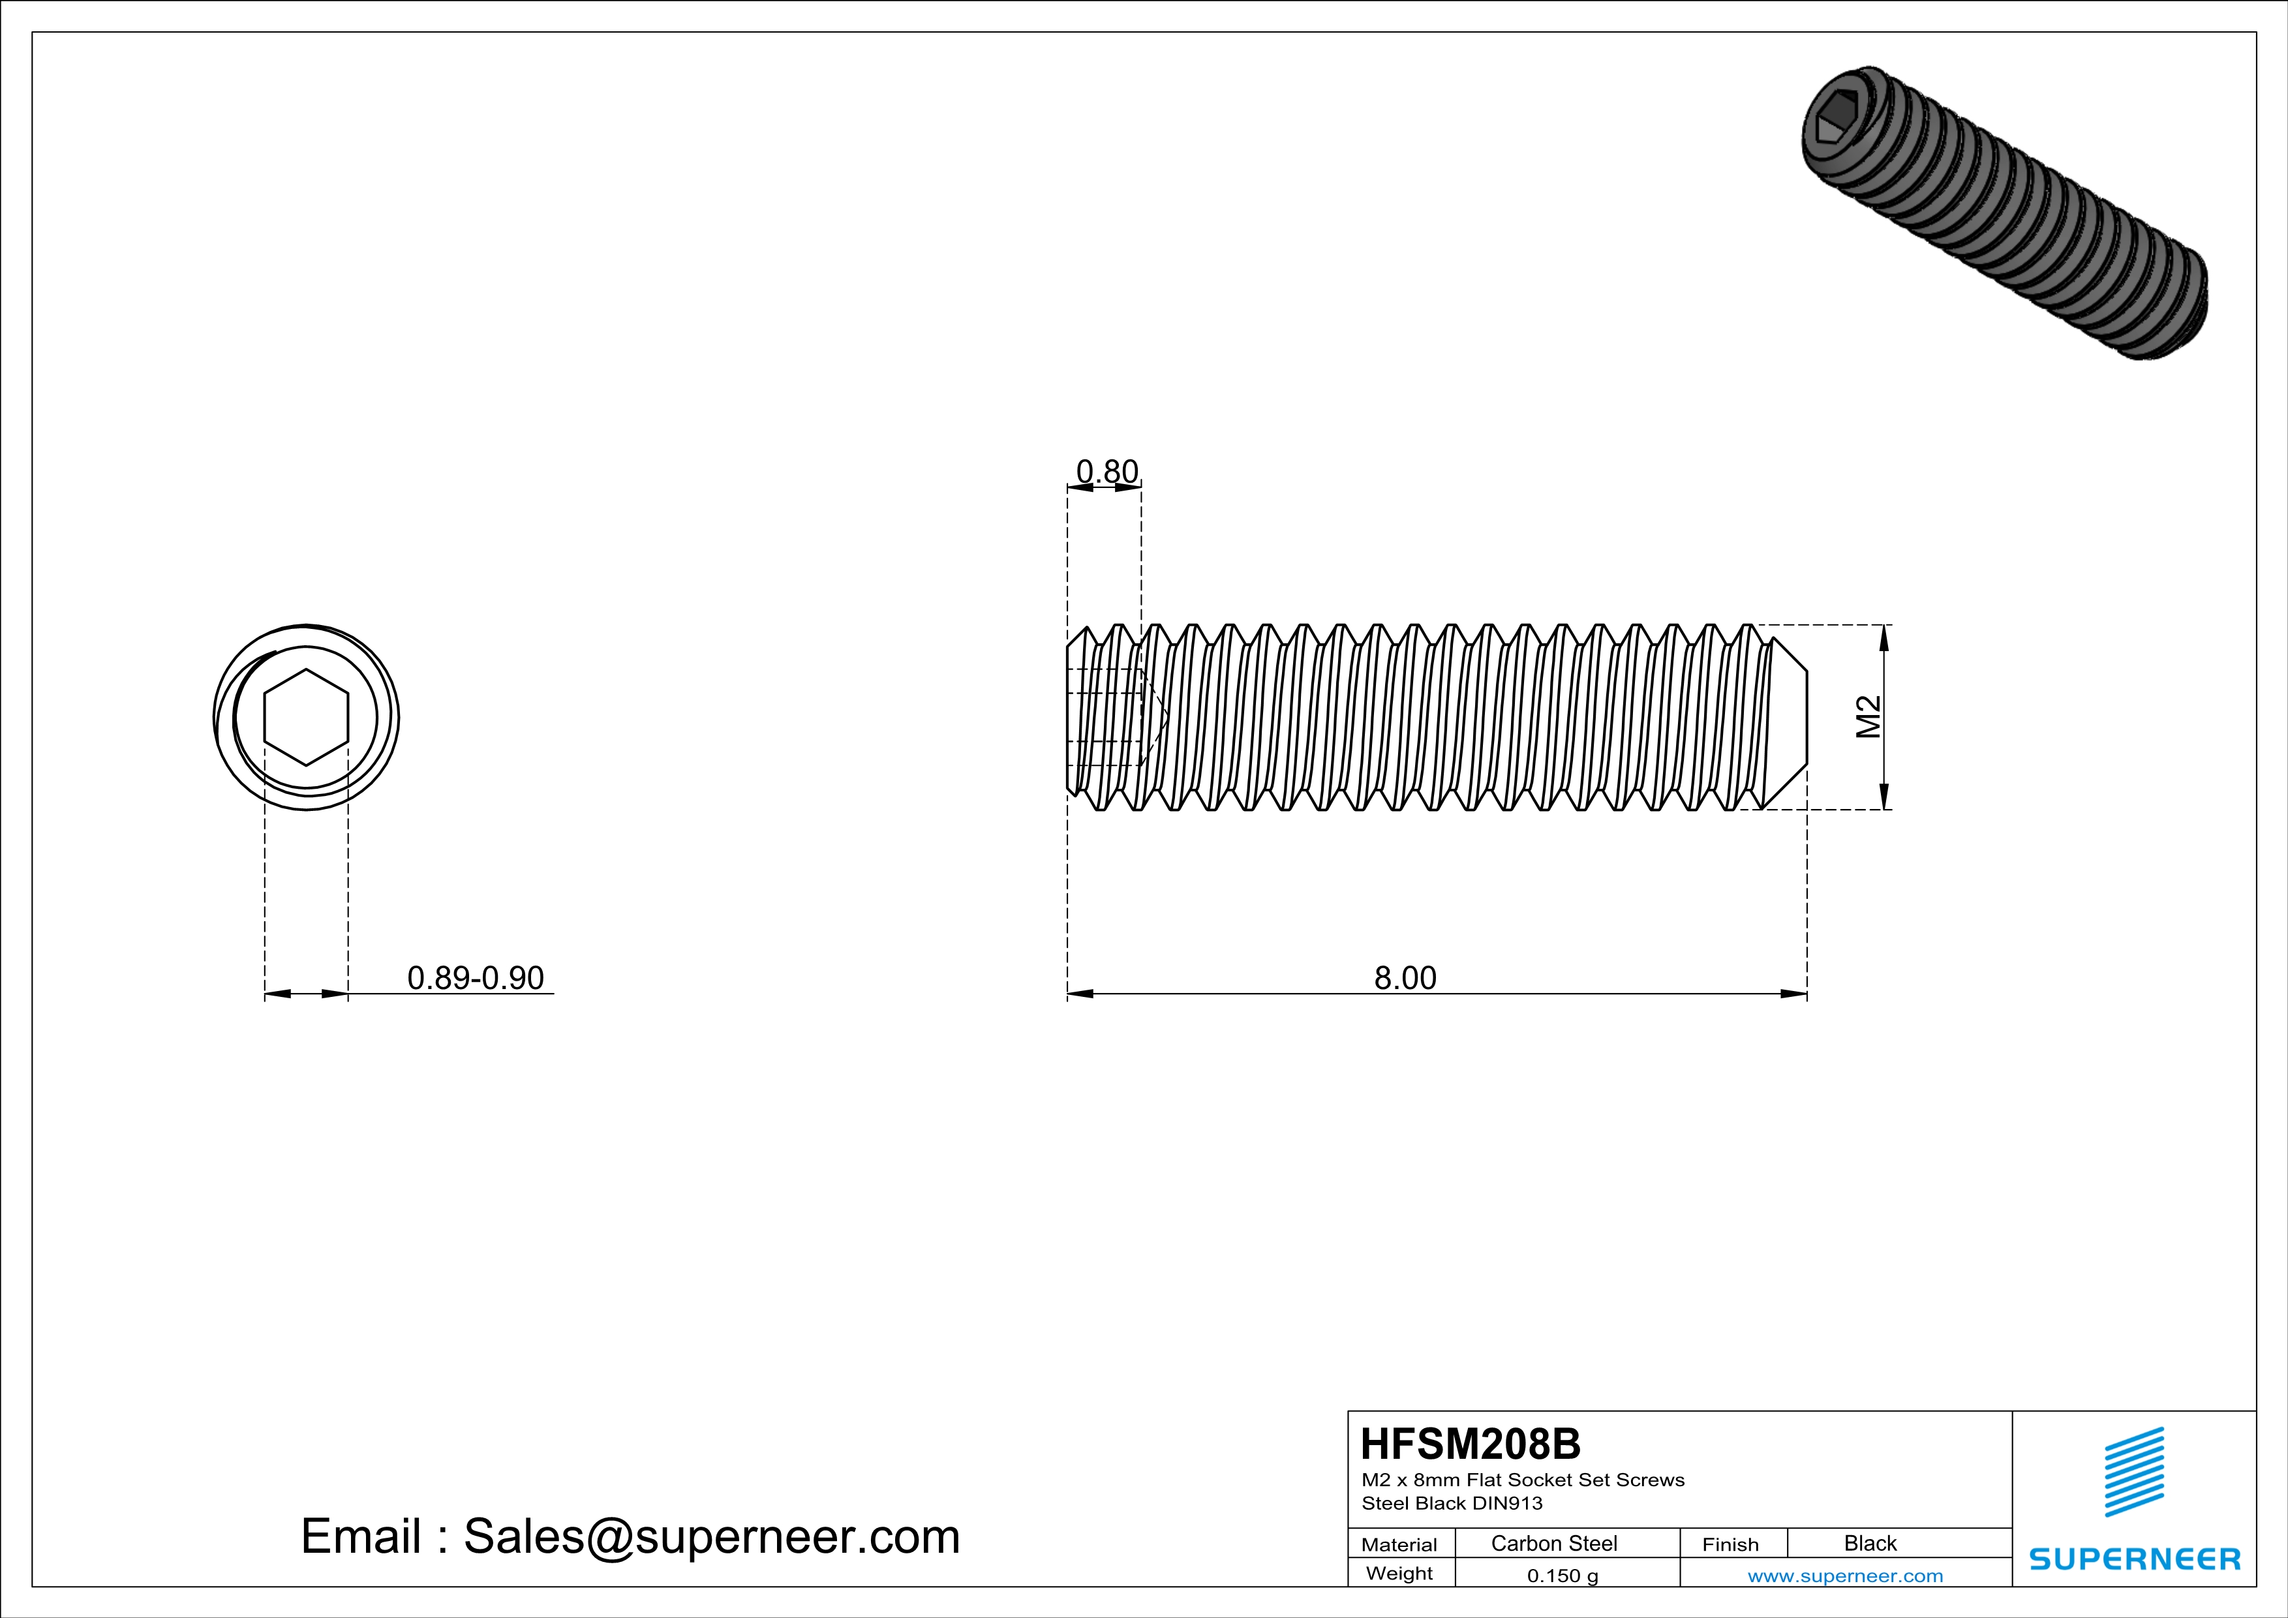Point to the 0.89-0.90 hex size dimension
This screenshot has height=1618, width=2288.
pos(476,979)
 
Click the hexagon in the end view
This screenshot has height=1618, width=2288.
pos(306,718)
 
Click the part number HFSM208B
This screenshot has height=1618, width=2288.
pos(1470,1444)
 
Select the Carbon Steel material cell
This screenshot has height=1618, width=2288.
pos(1553,1543)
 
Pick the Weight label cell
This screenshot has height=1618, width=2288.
pos(1399,1573)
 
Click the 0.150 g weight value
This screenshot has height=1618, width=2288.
pos(1563,1575)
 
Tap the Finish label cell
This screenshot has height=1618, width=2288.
pos(1730,1544)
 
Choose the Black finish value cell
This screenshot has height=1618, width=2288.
pos(1869,1543)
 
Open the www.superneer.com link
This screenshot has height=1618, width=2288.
pos(1844,1575)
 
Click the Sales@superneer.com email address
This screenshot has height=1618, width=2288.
pos(712,1536)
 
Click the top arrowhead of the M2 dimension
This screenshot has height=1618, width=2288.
pos(1884,637)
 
